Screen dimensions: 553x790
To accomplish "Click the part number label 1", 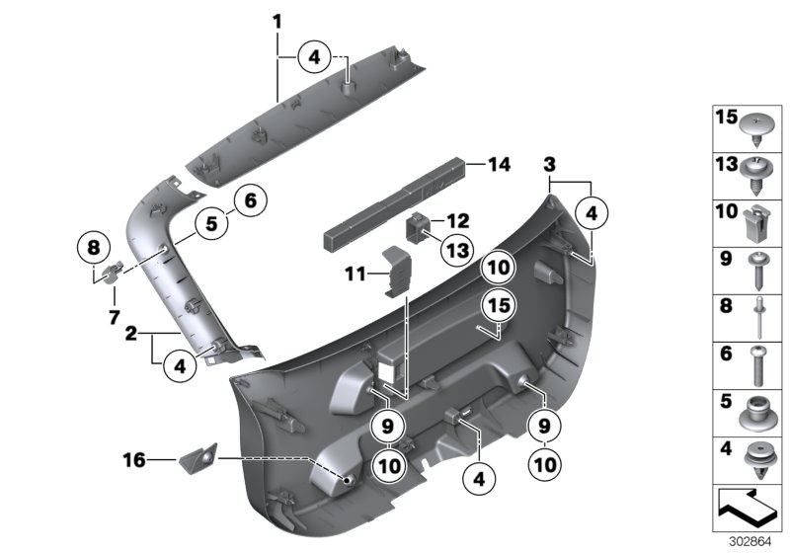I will click(x=277, y=21).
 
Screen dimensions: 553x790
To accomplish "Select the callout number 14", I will click(x=500, y=166).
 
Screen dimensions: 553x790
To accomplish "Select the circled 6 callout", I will click(x=250, y=200).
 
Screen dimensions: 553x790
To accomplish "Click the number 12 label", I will click(x=457, y=220).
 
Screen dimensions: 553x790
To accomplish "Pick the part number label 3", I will click(x=549, y=162).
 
